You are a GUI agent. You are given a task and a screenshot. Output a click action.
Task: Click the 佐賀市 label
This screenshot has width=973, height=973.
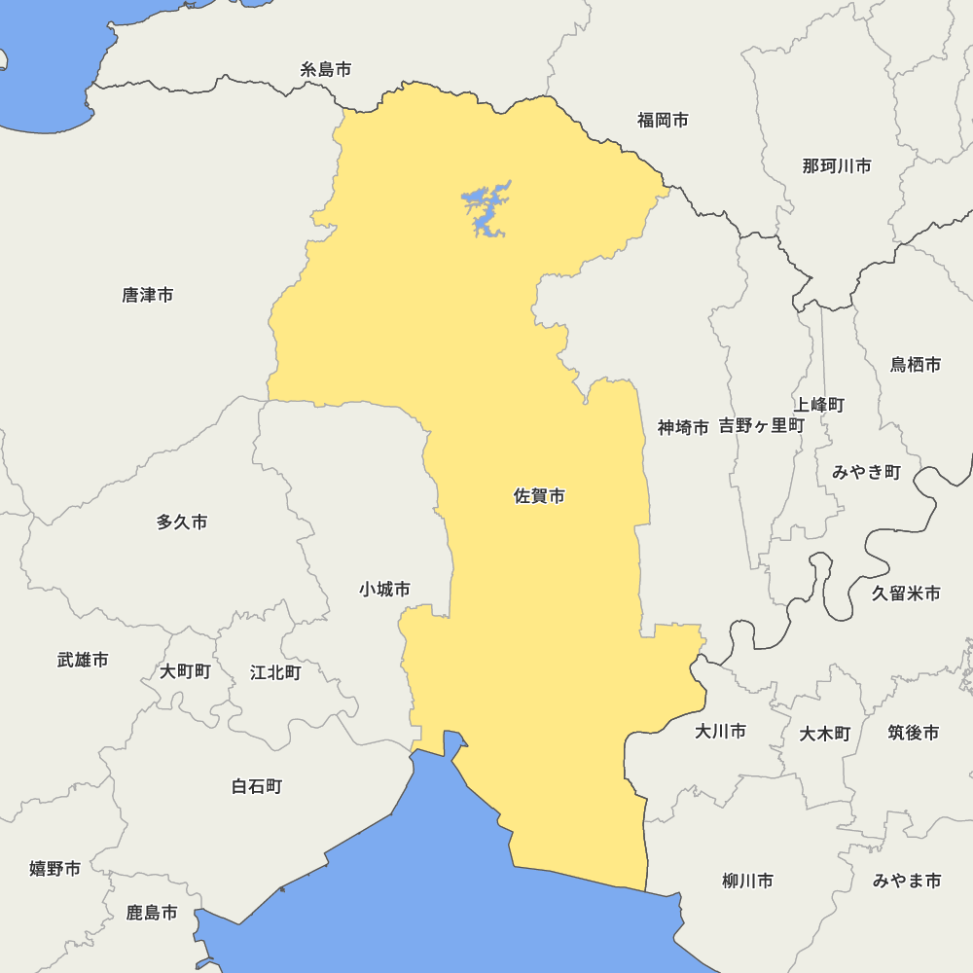[539, 496]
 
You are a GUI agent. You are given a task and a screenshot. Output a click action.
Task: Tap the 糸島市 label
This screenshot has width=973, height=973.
[326, 69]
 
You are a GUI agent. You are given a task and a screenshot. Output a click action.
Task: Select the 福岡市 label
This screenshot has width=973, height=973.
[663, 120]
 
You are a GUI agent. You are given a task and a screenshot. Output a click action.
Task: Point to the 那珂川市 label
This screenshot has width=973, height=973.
[837, 166]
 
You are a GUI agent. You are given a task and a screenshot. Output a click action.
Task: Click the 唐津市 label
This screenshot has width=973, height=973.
[148, 295]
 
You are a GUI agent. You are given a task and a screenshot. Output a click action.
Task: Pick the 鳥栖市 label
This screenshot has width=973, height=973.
[916, 365]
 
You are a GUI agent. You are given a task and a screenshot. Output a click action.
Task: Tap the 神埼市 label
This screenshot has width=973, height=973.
[683, 427]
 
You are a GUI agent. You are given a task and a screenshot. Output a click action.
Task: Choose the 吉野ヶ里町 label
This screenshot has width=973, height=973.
[762, 425]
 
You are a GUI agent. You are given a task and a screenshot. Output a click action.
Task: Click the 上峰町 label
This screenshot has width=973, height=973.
[818, 405]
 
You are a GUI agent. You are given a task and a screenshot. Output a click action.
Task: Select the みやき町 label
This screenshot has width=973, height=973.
[866, 472]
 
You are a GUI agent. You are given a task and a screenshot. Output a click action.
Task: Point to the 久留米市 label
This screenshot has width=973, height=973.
[906, 593]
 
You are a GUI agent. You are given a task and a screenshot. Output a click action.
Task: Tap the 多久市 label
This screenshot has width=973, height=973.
[182, 523]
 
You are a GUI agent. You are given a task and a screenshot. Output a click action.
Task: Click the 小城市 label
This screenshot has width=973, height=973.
[384, 589]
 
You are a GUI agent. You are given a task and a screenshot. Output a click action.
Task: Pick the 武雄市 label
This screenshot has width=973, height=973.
[83, 660]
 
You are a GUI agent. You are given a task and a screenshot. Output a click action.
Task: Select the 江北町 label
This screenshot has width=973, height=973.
[275, 672]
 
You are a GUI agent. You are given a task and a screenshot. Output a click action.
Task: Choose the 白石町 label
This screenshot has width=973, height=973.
[257, 786]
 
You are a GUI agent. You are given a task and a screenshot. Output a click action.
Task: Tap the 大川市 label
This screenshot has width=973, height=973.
[720, 731]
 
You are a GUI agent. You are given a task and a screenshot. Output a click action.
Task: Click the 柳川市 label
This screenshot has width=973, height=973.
[747, 881]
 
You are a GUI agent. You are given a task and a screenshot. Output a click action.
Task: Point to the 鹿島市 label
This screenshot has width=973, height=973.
[152, 913]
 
